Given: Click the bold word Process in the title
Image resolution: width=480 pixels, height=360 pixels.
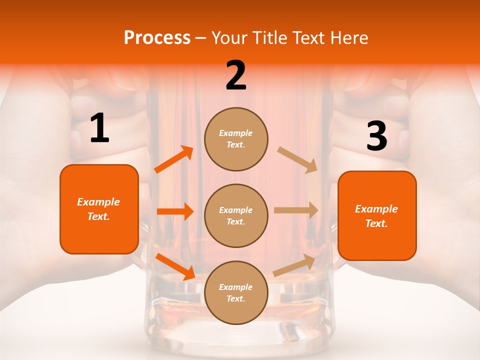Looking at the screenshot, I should point(157,37).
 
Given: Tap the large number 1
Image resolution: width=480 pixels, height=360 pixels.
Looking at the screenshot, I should point(99,129).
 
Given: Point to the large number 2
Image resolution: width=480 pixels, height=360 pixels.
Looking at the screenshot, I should point(236,75).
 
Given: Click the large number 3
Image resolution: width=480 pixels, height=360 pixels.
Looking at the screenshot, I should point(376,136).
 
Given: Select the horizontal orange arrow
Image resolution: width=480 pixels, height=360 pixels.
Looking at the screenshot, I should point(175,211).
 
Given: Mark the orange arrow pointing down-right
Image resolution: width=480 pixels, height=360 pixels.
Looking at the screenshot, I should point(175,266).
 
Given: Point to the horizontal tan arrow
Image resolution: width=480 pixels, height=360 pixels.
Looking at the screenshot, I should point(296,210).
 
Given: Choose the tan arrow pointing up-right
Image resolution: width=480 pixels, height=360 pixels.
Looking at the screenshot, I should point(294,265).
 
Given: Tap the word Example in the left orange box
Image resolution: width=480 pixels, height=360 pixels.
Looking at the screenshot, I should point(98,202).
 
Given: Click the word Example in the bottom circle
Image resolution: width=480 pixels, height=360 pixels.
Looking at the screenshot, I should point(236,287).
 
